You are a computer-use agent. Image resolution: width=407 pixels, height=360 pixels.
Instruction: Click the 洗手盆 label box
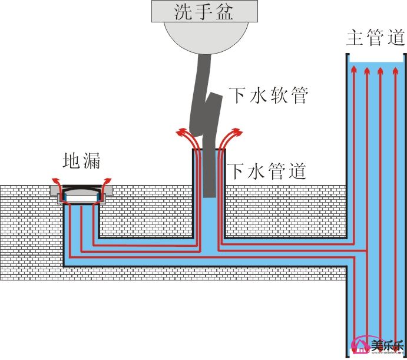(x=204, y=10)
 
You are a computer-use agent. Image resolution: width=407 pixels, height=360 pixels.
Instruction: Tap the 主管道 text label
(x=376, y=38)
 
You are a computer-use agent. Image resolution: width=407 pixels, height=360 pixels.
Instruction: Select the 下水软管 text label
(x=268, y=95)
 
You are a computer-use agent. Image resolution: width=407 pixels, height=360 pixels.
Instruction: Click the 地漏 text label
(x=82, y=161)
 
